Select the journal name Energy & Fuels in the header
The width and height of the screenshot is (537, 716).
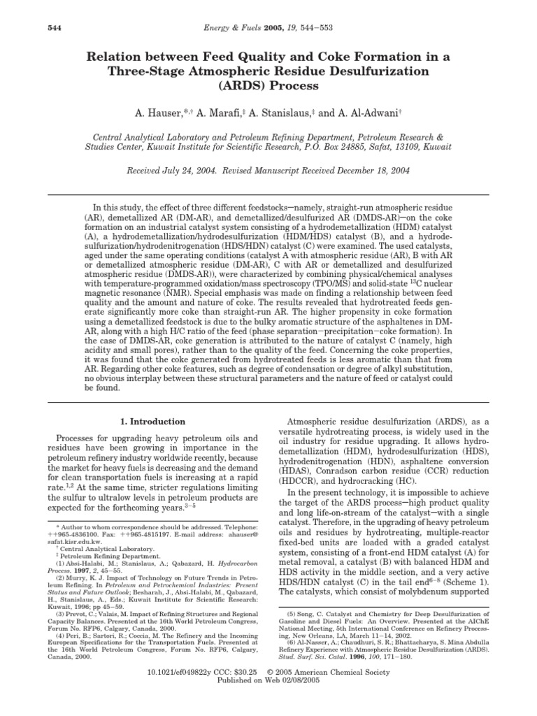[x=248, y=27]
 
